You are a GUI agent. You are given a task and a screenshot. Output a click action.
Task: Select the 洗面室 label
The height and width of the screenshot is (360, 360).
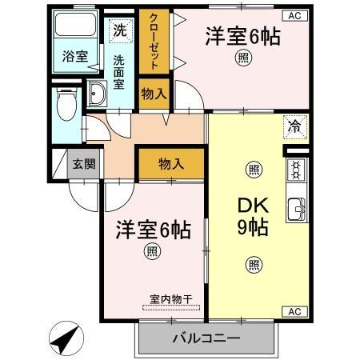119,71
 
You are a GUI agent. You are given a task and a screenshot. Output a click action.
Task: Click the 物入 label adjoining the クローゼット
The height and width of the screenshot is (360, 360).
153,94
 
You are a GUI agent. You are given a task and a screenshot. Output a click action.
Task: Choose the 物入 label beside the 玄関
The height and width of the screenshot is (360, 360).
170,164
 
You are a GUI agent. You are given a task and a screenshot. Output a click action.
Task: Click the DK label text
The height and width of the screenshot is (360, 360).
253,205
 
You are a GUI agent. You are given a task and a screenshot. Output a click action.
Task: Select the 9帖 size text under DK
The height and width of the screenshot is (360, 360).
253,226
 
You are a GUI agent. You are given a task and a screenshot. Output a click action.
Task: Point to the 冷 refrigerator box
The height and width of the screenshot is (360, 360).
295,125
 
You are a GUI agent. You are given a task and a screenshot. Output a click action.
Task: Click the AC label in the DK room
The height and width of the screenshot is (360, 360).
294,311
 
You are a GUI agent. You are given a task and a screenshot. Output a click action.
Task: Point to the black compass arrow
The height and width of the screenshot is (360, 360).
66,339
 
